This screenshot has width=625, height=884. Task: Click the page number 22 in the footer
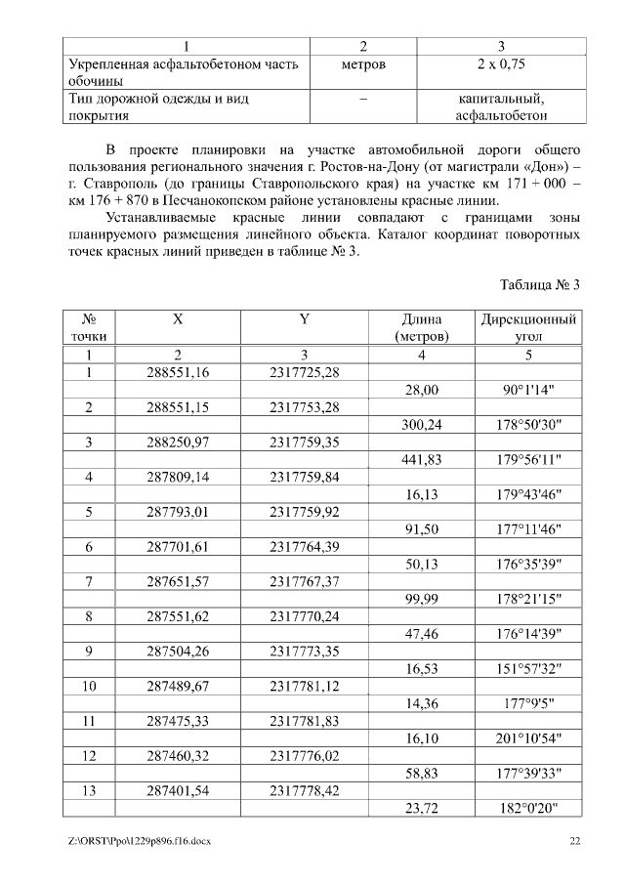point(575,841)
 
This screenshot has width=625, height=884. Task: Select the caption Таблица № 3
point(540,284)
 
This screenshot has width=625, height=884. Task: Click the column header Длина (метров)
point(422,327)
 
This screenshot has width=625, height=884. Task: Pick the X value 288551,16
point(178,372)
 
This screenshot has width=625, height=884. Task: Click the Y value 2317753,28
point(305,407)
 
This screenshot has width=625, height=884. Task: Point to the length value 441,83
point(422,460)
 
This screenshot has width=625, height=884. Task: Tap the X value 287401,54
point(178,790)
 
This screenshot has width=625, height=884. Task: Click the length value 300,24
point(422,425)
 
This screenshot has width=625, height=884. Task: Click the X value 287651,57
point(178,582)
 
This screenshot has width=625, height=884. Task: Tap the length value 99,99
point(422,599)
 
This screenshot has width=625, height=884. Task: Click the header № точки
point(89,327)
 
